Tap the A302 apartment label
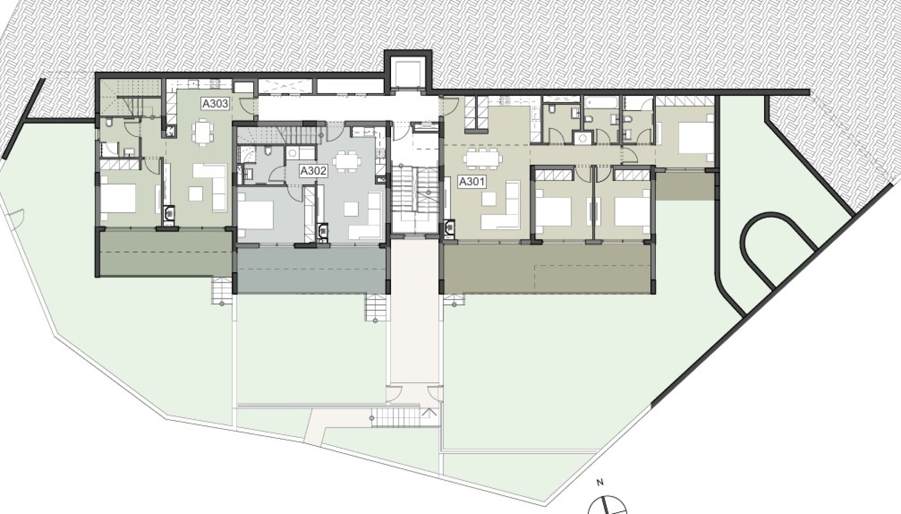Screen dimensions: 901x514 click(313, 171)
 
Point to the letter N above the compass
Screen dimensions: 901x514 click(600, 483)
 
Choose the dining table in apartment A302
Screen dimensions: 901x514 click(347, 161)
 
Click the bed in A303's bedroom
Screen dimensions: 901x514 click(118, 198)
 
